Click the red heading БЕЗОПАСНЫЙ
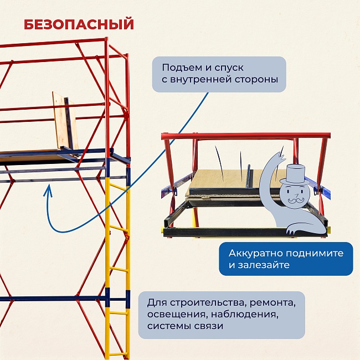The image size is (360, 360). pyautogui.click(x=79, y=24)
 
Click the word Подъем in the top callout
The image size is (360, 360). pyautogui.click(x=180, y=68)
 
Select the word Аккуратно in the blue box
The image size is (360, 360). pyautogui.click(x=253, y=253)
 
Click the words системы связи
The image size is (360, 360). pyautogui.click(x=186, y=326)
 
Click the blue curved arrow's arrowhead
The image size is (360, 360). pyautogui.click(x=48, y=189)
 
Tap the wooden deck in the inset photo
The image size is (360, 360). pyautogui.click(x=227, y=178)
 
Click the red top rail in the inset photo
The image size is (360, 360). pyautogui.click(x=244, y=135)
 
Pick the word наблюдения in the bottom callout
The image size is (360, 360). pyautogui.click(x=249, y=315)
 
